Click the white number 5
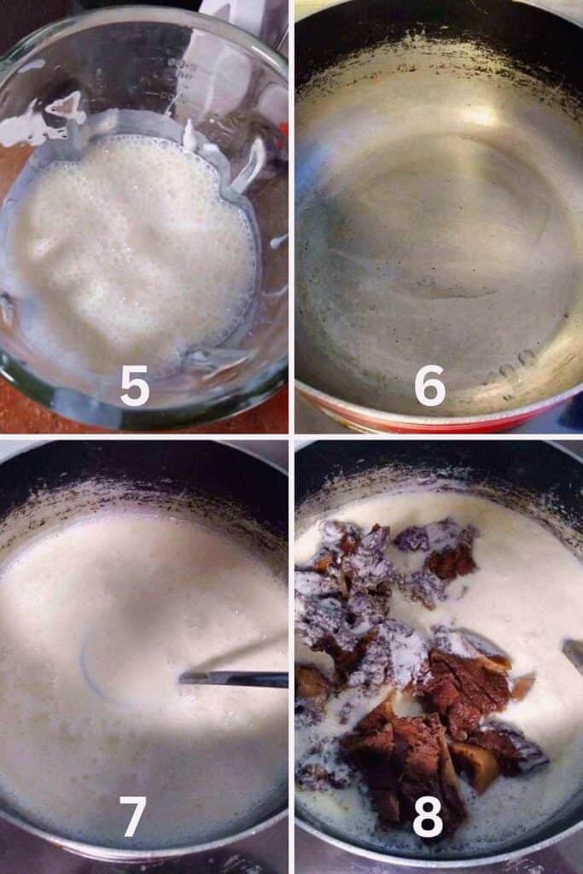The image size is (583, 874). pos(135,386)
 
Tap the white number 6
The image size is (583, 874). pos(429,386)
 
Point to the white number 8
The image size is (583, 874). pos(428,816)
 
